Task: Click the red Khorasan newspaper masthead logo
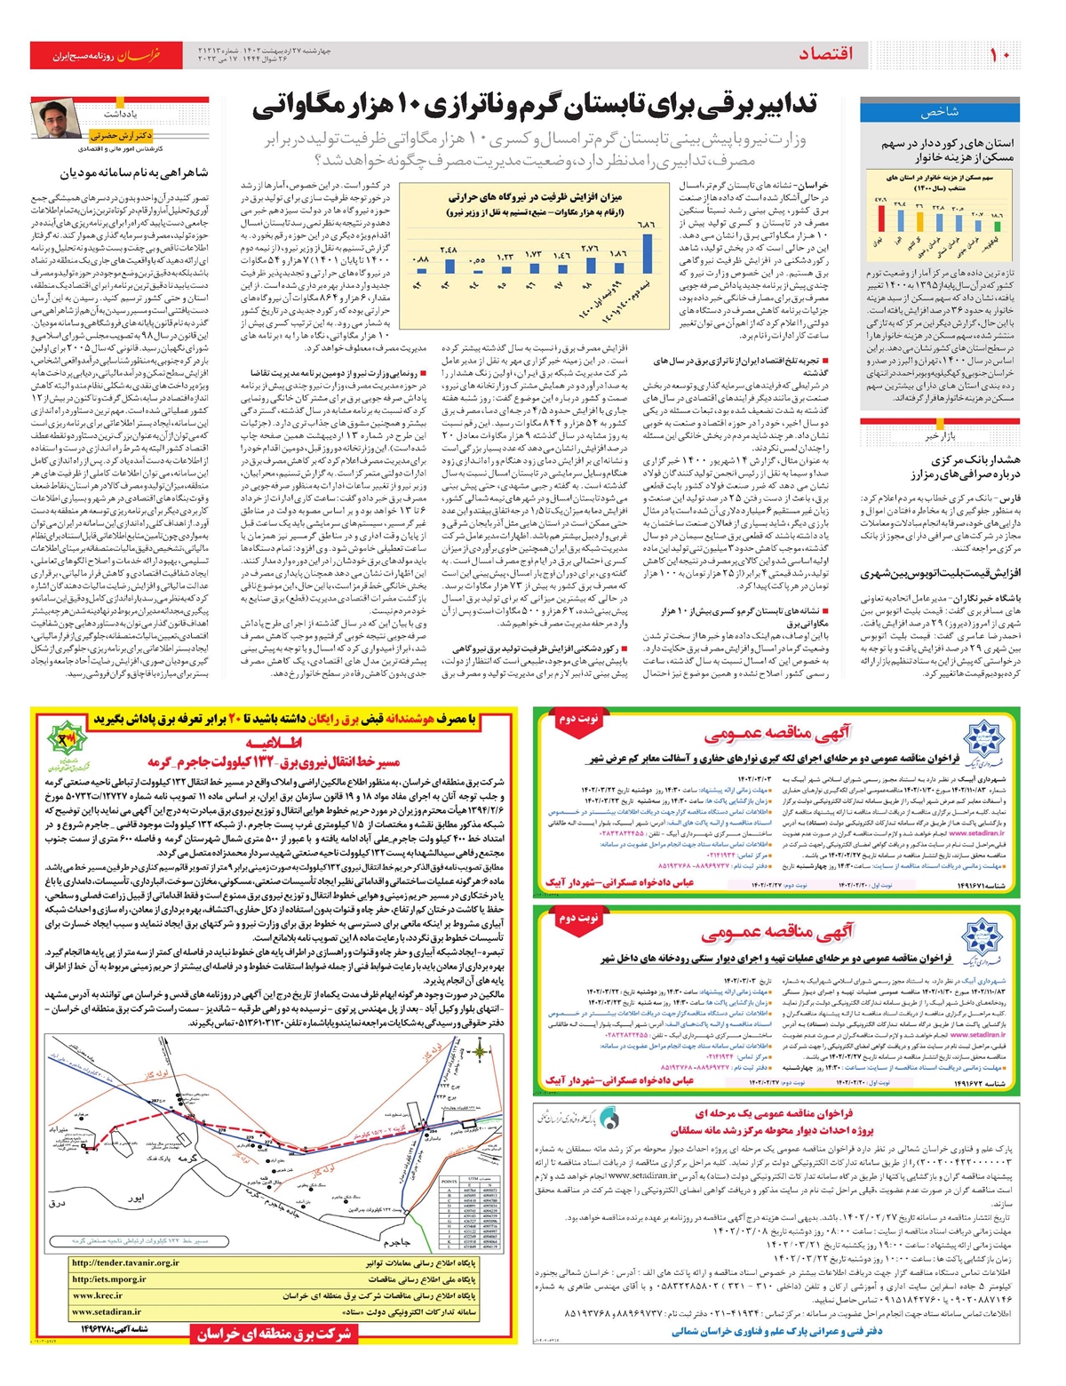click(x=107, y=55)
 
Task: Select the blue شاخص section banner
click(x=939, y=112)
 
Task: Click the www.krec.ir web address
click(x=98, y=1295)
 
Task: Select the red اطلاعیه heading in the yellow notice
click(x=274, y=742)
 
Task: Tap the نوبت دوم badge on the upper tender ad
click(x=577, y=718)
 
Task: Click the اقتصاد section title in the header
click(x=826, y=55)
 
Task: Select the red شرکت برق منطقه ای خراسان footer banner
click(x=274, y=1333)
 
